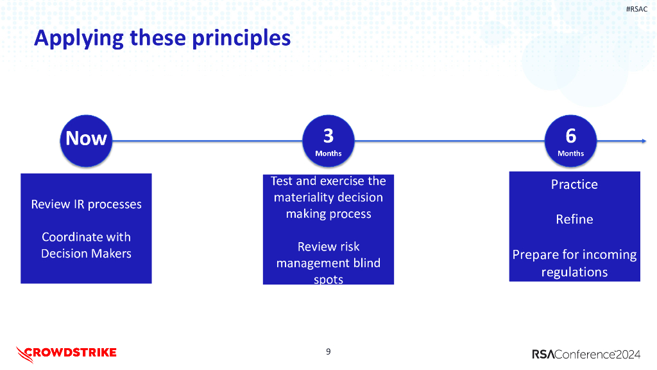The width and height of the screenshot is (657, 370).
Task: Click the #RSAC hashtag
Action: pyautogui.click(x=636, y=9)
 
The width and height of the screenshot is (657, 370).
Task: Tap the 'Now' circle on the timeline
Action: pyautogui.click(x=86, y=139)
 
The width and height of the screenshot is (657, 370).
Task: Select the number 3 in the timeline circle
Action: pyautogui.click(x=328, y=136)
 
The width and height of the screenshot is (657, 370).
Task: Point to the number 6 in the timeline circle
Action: pyautogui.click(x=570, y=136)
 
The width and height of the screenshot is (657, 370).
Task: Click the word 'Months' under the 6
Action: pyautogui.click(x=570, y=154)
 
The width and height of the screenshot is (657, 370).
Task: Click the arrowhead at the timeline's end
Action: pyautogui.click(x=643, y=141)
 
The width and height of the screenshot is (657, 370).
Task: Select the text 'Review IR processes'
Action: pyautogui.click(x=86, y=204)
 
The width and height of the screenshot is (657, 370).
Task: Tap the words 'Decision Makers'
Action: pyautogui.click(x=86, y=254)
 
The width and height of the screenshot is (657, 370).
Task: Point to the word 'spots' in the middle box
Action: pyautogui.click(x=328, y=279)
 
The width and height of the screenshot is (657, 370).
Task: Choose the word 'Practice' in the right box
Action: pyautogui.click(x=574, y=184)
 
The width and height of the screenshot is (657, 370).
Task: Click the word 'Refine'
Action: pyautogui.click(x=574, y=219)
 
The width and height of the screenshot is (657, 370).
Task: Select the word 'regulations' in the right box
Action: pyautogui.click(x=574, y=272)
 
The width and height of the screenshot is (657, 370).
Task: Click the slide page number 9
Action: pyautogui.click(x=328, y=351)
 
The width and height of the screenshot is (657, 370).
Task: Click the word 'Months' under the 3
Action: pyautogui.click(x=328, y=154)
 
